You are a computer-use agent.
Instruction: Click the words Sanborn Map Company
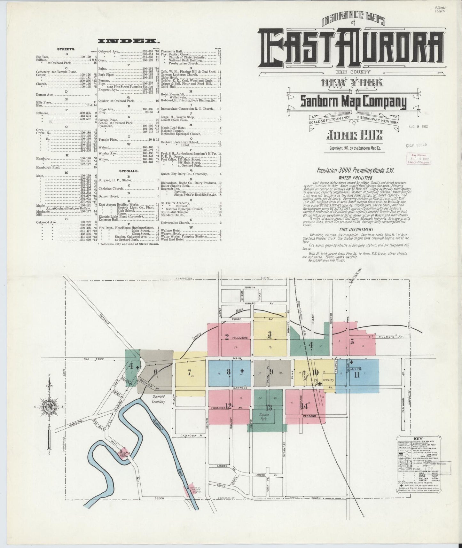point(353,102)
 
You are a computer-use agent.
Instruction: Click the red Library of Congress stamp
point(419,159)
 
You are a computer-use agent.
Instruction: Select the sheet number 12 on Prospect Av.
point(228,406)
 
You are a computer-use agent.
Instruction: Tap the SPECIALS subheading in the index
point(129,171)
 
